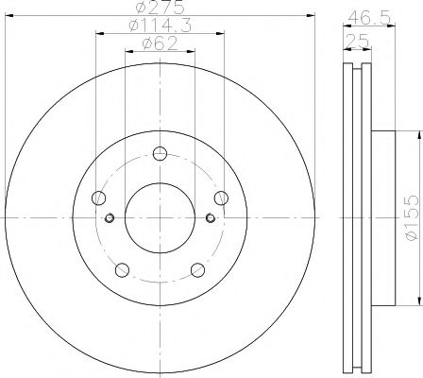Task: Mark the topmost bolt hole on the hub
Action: point(159,154)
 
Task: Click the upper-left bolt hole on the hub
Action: point(98,198)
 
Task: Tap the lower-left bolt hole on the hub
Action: point(121,269)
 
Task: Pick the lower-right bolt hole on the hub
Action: point(196,269)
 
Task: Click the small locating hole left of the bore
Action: point(110,218)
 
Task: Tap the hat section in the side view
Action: point(382,218)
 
